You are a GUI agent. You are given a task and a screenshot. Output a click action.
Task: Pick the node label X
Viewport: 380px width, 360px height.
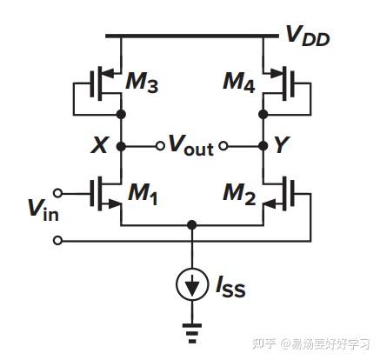(99, 146)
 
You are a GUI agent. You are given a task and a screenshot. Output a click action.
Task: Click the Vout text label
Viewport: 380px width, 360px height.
(190, 147)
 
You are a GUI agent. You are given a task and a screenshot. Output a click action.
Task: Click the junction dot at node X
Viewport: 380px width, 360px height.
(123, 146)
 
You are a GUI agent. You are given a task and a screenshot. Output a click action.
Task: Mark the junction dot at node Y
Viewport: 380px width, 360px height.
(262, 146)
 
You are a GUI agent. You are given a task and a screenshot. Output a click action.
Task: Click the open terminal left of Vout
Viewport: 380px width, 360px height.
(159, 146)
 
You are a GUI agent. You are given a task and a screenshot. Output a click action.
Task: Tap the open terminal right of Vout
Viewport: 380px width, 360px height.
(223, 146)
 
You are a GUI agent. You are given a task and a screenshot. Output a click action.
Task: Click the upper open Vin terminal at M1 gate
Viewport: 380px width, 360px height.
(58, 192)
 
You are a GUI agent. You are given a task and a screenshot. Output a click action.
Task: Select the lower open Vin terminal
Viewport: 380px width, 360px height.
(58, 239)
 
